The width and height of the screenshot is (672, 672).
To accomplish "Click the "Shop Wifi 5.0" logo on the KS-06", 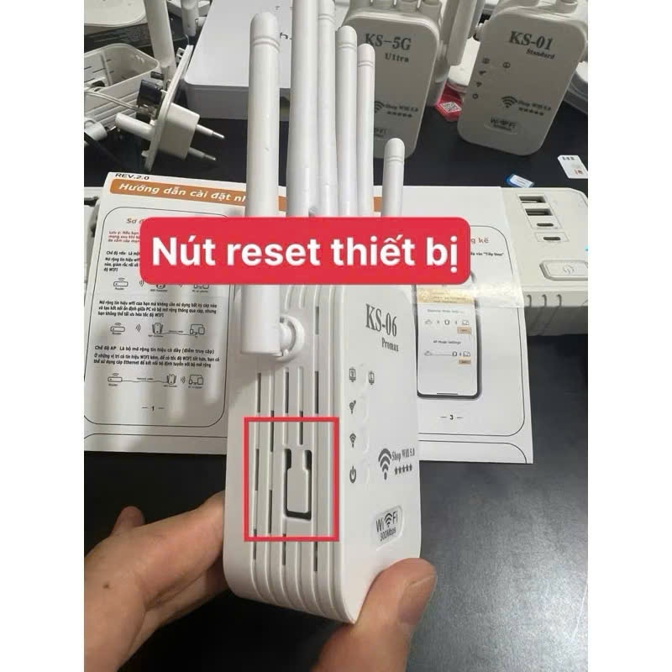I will pyautogui.click(x=402, y=458).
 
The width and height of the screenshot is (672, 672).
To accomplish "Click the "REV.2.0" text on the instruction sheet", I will pyautogui.click(x=128, y=178).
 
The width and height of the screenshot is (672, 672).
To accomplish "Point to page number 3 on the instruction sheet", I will pyautogui.click(x=452, y=417).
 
